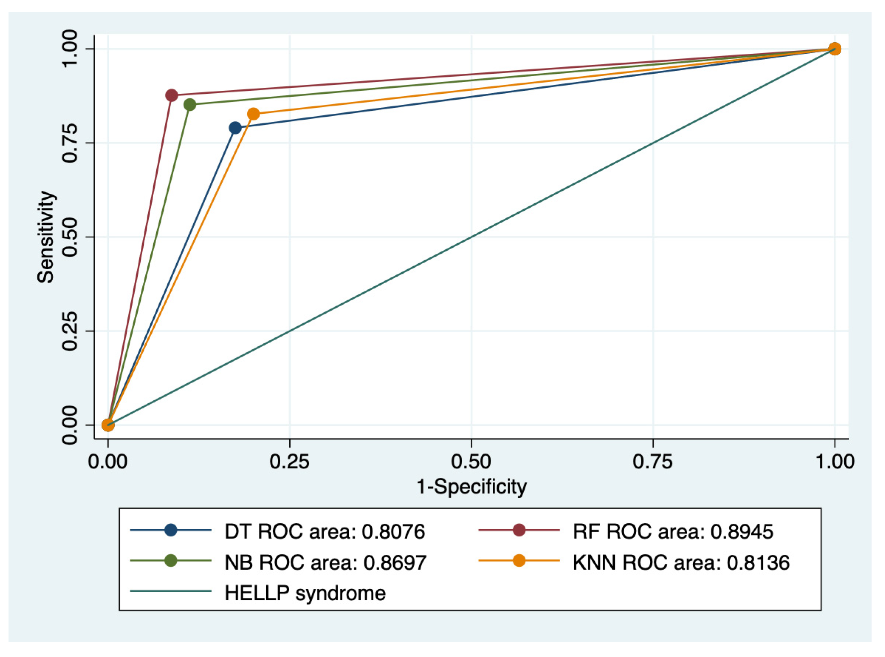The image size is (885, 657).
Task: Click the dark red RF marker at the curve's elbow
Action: pyautogui.click(x=171, y=96)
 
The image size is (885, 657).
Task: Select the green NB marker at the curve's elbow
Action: pyautogui.click(x=190, y=104)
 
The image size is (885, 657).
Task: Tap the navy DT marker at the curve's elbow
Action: pyautogui.click(x=236, y=128)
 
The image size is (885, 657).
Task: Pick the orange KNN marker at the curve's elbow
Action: pyautogui.click(x=254, y=114)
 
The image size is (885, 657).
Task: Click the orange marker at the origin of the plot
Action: pyautogui.click(x=108, y=425)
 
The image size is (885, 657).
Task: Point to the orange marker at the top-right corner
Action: pyautogui.click(x=835, y=49)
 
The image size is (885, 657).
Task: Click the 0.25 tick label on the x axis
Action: pyautogui.click(x=290, y=462)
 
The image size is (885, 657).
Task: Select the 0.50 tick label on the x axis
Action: pyautogui.click(x=471, y=462)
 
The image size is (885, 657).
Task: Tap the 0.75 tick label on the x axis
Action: pyautogui.click(x=653, y=462)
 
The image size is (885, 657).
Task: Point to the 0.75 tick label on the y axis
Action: pyautogui.click(x=70, y=143)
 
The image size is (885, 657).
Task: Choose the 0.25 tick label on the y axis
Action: pyautogui.click(x=70, y=331)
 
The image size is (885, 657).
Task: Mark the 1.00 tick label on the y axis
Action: pyautogui.click(x=70, y=49)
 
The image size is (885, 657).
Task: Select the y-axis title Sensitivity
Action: pyautogui.click(x=45, y=237)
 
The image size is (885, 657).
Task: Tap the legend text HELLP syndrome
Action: pyautogui.click(x=305, y=593)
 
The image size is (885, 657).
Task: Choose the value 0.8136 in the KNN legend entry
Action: pyautogui.click(x=758, y=563)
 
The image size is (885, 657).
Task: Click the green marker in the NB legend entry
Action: pyautogui.click(x=171, y=561)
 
